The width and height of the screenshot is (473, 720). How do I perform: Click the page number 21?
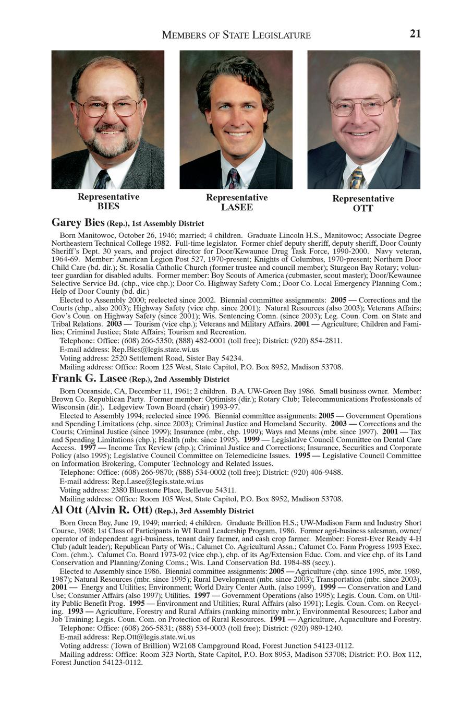point(415,34)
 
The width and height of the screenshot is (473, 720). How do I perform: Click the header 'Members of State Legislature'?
point(236,35)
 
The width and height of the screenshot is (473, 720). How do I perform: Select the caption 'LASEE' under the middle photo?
point(237,208)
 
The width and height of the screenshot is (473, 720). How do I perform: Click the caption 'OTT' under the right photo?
point(363,209)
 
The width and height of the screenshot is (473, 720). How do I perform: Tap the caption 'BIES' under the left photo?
point(108,207)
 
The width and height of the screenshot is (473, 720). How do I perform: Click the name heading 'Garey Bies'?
point(78,223)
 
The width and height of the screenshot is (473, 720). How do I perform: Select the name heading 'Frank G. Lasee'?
point(89,378)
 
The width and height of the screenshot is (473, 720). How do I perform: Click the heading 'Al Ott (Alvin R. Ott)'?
point(102,510)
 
